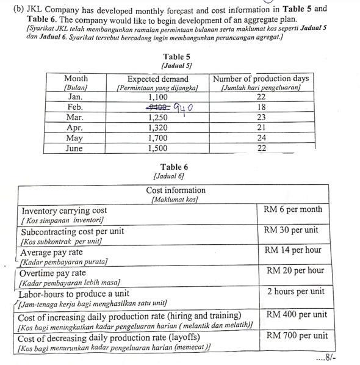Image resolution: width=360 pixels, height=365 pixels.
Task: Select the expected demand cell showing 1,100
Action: [x=157, y=97]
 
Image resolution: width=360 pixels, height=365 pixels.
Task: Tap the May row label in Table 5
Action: [x=75, y=138]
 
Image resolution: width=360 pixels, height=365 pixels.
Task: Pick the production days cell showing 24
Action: [x=261, y=138]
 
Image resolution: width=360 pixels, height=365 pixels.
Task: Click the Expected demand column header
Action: [x=157, y=79]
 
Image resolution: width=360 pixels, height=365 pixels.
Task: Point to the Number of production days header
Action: [x=261, y=78]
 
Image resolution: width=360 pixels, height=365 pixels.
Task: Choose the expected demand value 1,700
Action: [x=157, y=138]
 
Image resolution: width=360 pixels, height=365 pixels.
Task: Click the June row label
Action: [x=75, y=148]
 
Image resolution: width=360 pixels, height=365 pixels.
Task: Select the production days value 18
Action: [x=261, y=107]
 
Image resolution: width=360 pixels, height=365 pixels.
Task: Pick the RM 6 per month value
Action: [x=293, y=209]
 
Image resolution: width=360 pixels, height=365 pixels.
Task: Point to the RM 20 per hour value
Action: [x=295, y=270]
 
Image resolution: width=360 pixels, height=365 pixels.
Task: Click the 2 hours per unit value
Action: [x=296, y=291]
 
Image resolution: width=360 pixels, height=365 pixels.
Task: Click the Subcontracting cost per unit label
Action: [x=73, y=233]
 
